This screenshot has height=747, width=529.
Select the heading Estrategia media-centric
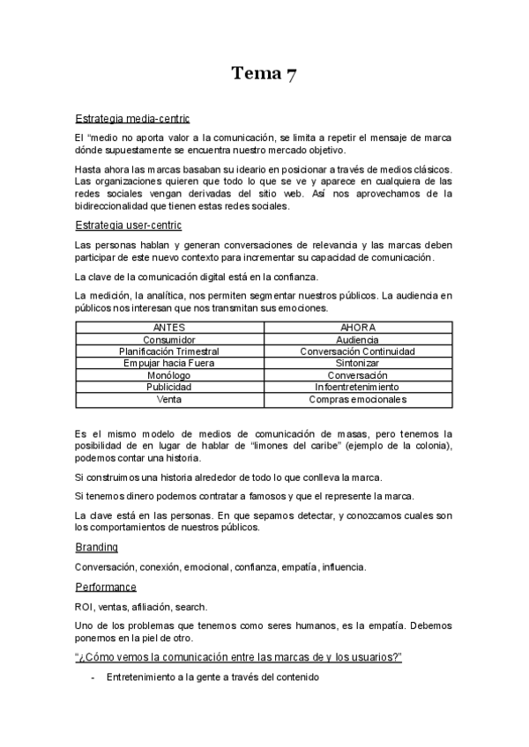point(131,118)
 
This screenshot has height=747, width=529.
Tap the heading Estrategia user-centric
point(129,226)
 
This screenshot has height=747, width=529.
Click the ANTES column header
point(169,328)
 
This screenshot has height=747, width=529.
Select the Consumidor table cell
point(169,340)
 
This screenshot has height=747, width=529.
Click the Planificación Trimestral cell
point(169,351)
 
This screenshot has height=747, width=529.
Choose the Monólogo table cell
point(169,375)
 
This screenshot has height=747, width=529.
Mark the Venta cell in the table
point(169,399)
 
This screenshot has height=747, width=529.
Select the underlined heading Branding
point(97,547)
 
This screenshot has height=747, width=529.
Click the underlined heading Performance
point(106,587)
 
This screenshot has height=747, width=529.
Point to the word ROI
point(85,607)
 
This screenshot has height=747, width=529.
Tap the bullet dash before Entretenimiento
point(93,677)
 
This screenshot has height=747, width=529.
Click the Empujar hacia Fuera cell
point(169,363)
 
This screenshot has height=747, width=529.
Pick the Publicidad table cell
point(169,387)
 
